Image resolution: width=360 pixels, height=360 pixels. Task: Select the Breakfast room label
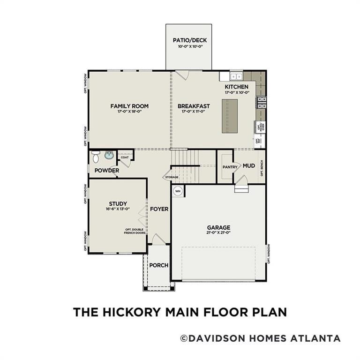pyautogui.click(x=194, y=106)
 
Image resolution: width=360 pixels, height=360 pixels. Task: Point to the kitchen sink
pyautogui.click(x=236, y=76)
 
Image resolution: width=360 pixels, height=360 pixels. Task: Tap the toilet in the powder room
pyautogui.click(x=96, y=156)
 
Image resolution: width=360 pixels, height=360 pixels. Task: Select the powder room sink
pyautogui.click(x=110, y=155)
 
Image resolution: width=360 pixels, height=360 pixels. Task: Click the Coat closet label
pyautogui.click(x=124, y=157)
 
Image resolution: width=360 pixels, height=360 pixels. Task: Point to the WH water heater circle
pyautogui.click(x=178, y=191)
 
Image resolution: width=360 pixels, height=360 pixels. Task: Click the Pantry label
pyautogui.click(x=230, y=166)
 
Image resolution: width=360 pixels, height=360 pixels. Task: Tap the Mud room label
pyautogui.click(x=249, y=165)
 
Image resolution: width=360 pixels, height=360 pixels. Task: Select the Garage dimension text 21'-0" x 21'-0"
pyautogui.click(x=218, y=232)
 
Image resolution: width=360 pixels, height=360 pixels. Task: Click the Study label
pyautogui.click(x=118, y=203)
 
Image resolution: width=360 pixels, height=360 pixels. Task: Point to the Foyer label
pyautogui.click(x=159, y=209)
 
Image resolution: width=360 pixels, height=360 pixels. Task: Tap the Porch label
pyautogui.click(x=158, y=265)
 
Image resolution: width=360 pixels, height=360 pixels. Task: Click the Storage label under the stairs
pyautogui.click(x=171, y=177)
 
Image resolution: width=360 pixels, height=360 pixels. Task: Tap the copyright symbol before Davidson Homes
pyautogui.click(x=184, y=338)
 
